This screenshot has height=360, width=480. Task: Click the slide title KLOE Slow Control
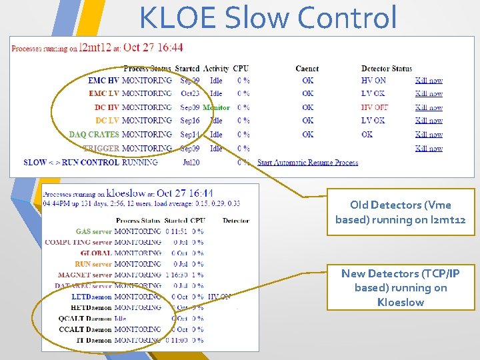point(268,18)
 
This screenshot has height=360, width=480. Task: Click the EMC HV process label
point(103,80)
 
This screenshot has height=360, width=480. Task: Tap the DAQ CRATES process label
point(94,135)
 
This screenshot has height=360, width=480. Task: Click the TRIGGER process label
point(101,148)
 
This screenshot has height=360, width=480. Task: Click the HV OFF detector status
point(374,107)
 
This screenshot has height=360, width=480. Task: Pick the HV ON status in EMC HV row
point(373,80)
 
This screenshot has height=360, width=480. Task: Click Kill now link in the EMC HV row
point(429,80)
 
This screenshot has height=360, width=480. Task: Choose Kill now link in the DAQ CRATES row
point(429,135)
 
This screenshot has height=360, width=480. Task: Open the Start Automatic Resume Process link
point(307,162)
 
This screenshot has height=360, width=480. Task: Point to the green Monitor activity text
point(216,107)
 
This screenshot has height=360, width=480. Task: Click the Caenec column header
point(307,69)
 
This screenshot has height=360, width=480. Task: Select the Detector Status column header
point(386,69)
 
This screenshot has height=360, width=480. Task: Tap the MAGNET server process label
point(85,275)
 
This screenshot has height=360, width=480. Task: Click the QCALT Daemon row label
point(85,319)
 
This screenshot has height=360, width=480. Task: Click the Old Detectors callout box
point(400,213)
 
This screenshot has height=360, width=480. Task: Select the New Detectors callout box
point(400,288)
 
